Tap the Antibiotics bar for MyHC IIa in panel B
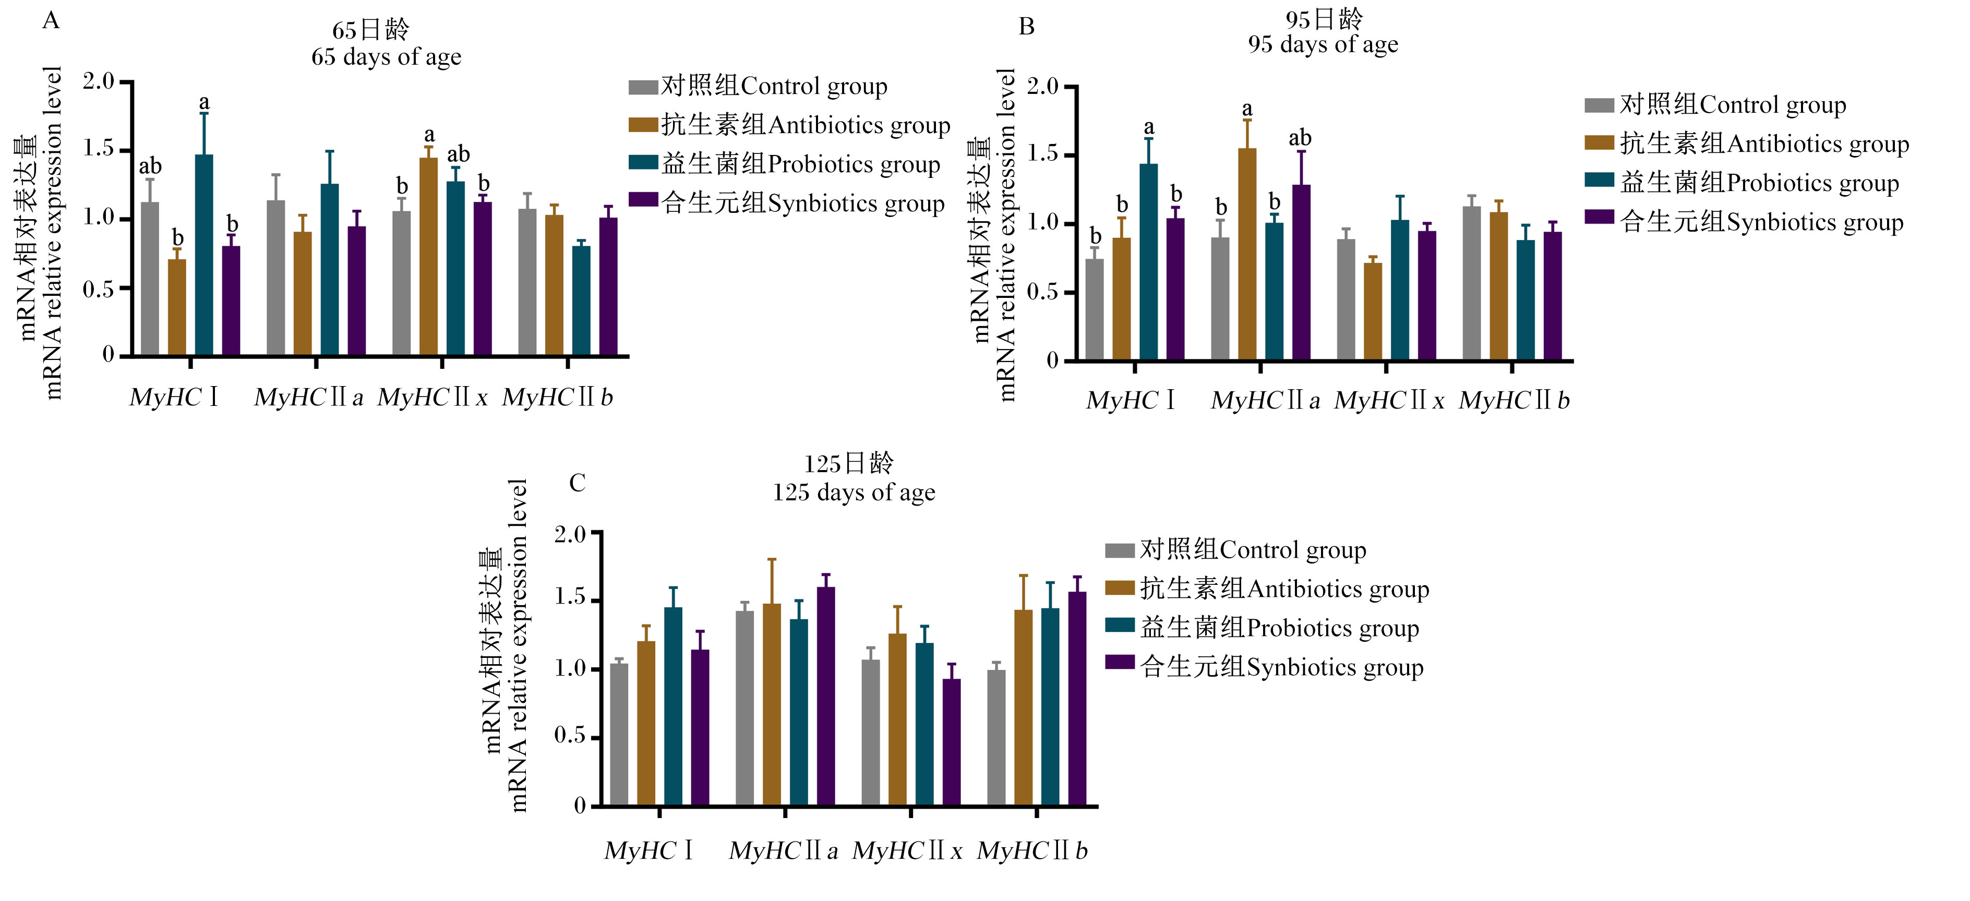(1247, 254)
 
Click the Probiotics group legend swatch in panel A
(643, 162)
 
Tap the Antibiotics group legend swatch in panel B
(1599, 142)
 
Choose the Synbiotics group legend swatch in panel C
(1120, 663)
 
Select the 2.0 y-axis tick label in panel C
(571, 533)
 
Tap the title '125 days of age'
(854, 492)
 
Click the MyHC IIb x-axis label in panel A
(558, 397)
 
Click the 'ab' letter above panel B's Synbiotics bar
(1300, 138)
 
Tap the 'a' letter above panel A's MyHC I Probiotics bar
(204, 102)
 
